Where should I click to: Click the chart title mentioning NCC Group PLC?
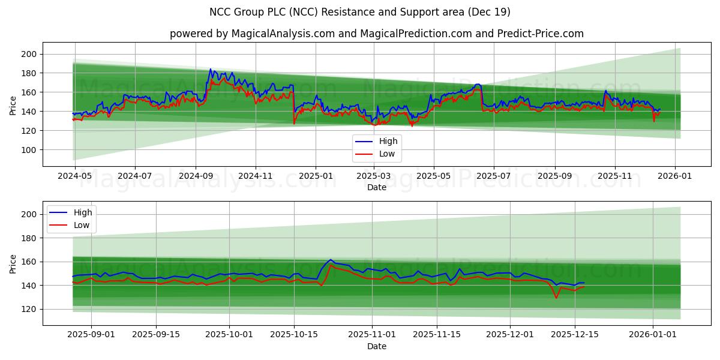click(x=360, y=12)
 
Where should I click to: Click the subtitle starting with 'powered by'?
click(x=376, y=34)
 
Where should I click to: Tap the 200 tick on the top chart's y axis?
click(x=29, y=54)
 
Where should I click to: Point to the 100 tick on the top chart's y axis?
click(x=29, y=149)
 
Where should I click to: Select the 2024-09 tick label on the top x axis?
click(x=196, y=176)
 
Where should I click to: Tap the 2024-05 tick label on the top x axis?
click(x=74, y=176)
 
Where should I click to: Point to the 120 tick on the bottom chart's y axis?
click(x=29, y=309)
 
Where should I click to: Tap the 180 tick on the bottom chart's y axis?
click(x=29, y=238)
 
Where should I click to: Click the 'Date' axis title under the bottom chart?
click(x=376, y=346)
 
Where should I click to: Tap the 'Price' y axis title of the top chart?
click(x=13, y=106)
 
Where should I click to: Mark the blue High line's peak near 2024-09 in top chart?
click(x=211, y=69)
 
